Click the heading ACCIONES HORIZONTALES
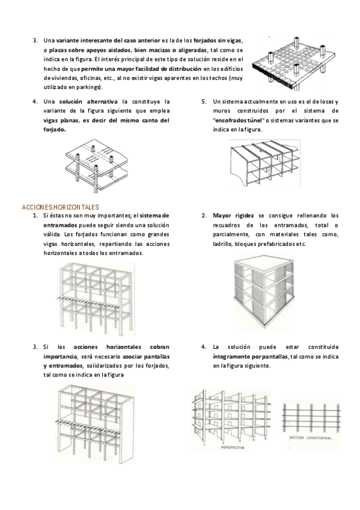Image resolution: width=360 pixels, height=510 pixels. click(61, 207)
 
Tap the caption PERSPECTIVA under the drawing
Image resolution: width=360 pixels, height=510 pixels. click(233, 447)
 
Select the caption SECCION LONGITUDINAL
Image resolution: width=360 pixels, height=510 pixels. click(310, 438)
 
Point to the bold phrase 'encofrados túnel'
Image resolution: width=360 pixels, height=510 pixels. click(237, 120)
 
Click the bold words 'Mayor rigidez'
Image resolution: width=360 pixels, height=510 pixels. click(233, 216)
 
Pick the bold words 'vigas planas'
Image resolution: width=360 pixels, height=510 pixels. click(61, 120)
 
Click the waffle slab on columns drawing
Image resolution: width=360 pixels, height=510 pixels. click(294, 63)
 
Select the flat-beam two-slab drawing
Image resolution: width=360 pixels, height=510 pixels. click(97, 165)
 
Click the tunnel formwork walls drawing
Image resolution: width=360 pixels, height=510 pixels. click(265, 163)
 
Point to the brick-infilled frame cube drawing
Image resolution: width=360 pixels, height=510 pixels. click(264, 291)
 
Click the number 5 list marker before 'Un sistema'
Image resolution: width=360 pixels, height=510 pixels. click(204, 102)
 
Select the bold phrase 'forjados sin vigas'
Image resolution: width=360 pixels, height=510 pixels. click(218, 41)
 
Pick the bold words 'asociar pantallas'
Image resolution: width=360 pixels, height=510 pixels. click(146, 357)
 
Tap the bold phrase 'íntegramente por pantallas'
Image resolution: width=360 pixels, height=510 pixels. click(250, 357)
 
